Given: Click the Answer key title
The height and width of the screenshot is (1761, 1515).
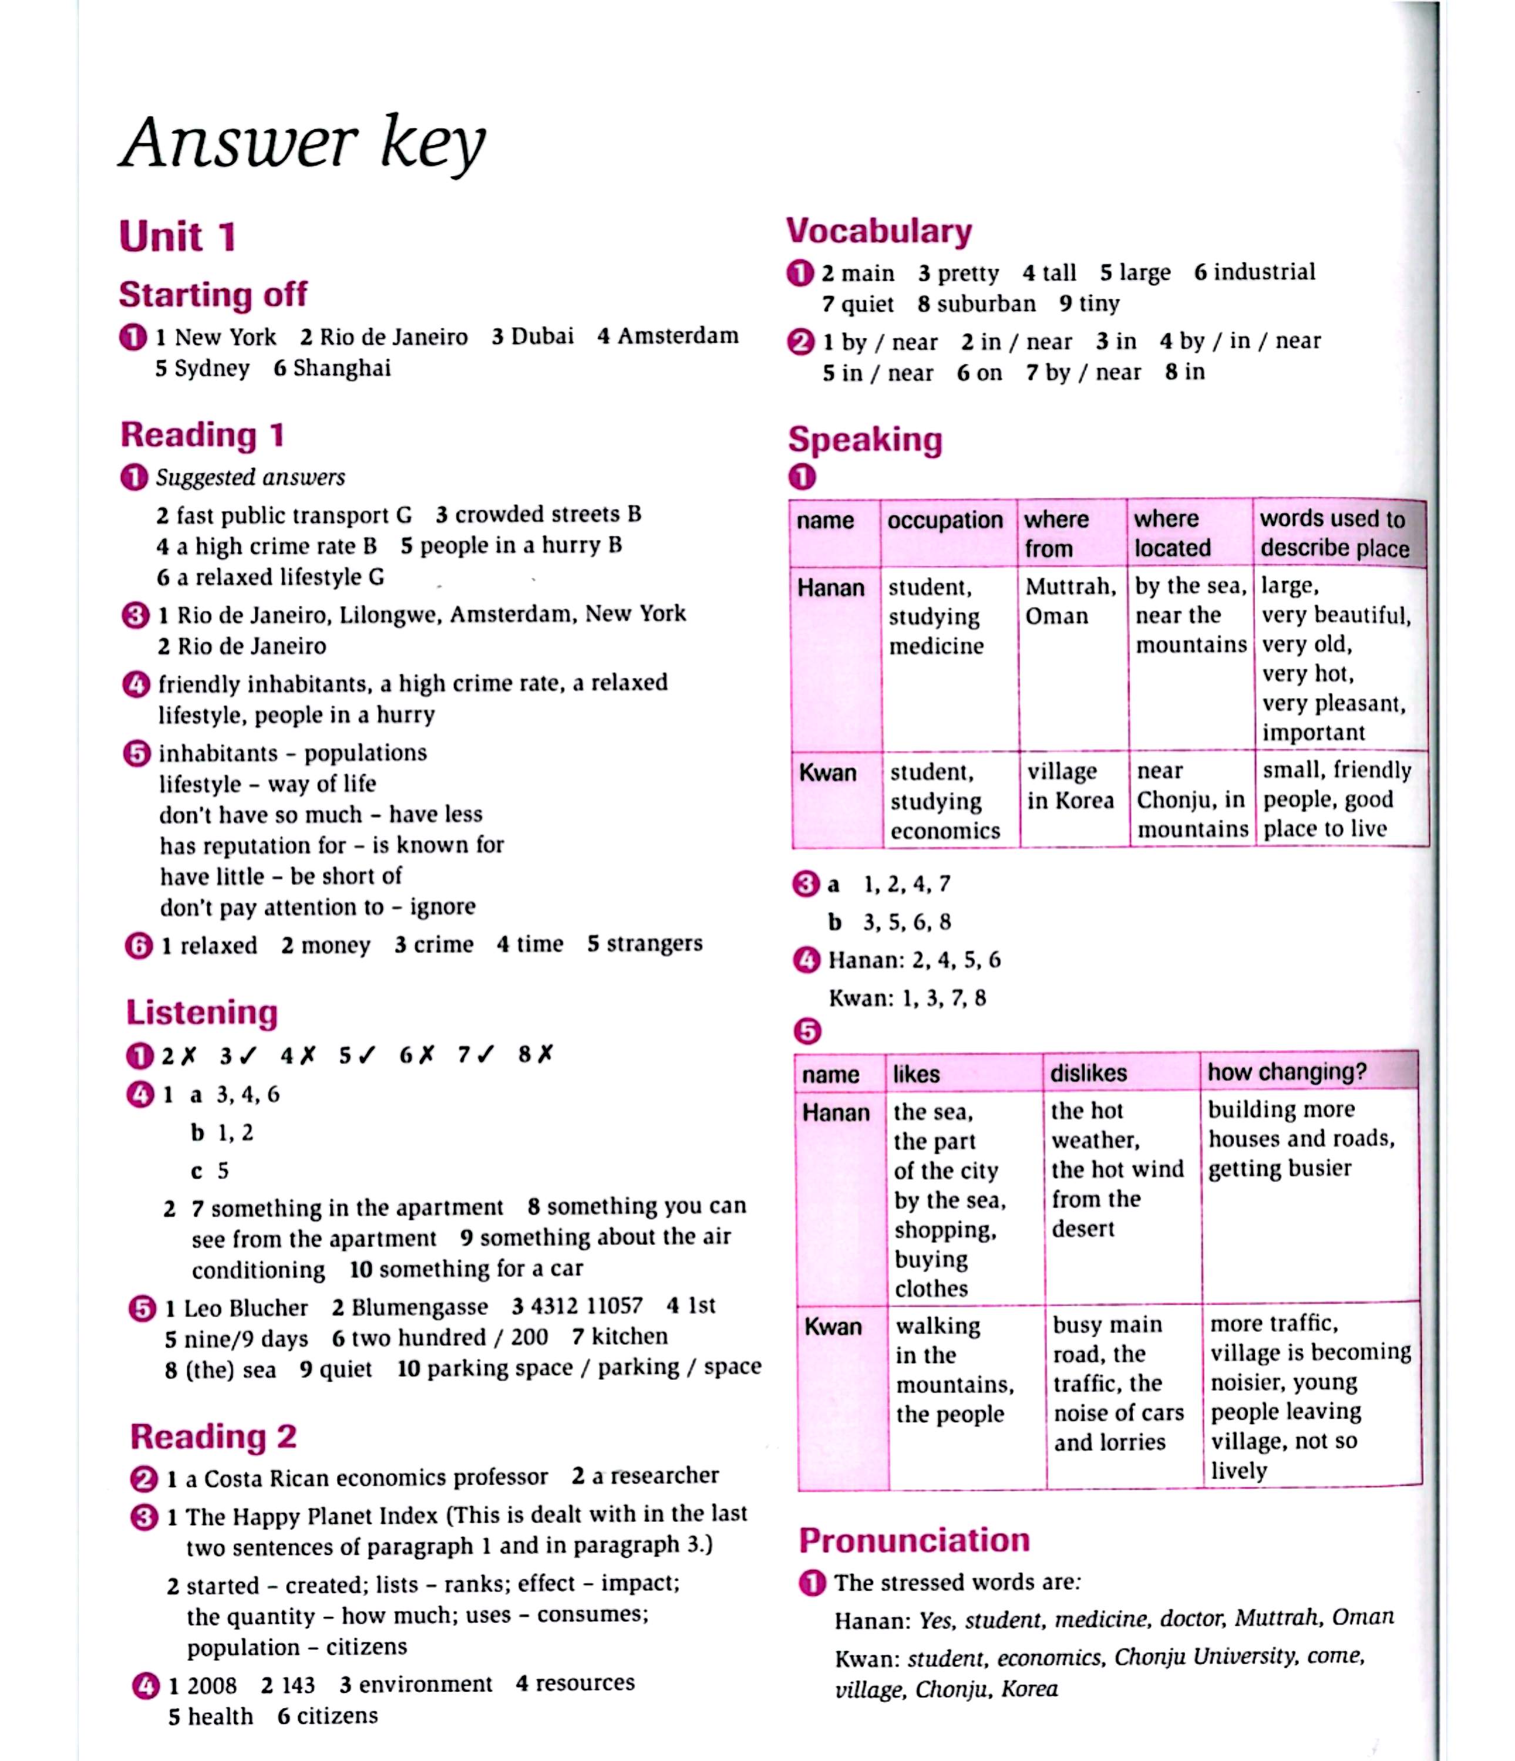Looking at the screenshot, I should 304,143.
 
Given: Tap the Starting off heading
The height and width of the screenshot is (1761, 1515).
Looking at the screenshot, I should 213,295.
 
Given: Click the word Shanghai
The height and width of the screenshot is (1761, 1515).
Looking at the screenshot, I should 342,368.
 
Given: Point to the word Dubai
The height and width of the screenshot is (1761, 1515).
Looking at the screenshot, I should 543,336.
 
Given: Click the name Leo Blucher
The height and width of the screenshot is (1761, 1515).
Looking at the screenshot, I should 245,1307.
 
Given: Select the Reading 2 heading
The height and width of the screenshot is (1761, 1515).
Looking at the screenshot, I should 213,1436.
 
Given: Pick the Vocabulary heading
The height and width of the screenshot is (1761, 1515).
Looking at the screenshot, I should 879,231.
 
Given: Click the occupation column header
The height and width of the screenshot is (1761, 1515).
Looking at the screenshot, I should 945,520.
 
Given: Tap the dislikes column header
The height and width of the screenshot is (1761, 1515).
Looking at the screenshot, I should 1088,1074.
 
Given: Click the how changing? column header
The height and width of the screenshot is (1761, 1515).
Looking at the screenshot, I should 1287,1072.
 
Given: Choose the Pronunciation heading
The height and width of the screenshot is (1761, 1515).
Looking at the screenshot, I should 914,1540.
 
